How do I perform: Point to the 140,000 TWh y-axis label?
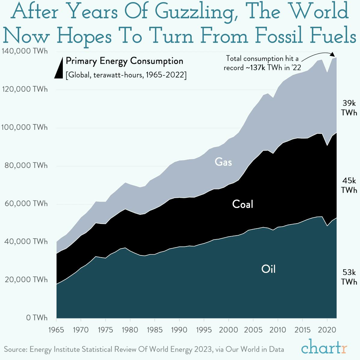click(25, 51)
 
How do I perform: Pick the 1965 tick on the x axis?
click(56, 330)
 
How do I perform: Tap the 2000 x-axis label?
click(228, 330)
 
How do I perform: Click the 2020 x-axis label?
click(327, 330)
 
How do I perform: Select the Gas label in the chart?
click(223, 162)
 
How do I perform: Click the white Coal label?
click(243, 204)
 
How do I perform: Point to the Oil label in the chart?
click(268, 269)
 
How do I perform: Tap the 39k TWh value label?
click(349, 108)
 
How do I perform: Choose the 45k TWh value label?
click(349, 185)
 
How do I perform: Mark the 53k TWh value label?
click(349, 277)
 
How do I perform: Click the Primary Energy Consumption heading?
click(124, 61)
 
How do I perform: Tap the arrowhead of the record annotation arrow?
click(332, 54)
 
